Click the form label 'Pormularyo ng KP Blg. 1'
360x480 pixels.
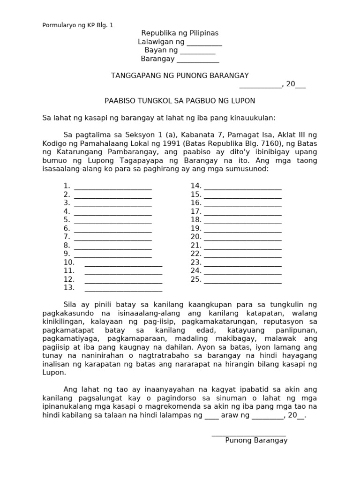(x=78, y=25)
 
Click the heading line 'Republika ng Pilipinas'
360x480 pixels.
(x=180, y=33)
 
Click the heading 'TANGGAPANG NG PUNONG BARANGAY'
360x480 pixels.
(x=180, y=76)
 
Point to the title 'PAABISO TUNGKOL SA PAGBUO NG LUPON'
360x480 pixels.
(x=180, y=101)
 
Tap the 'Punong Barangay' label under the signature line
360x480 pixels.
(x=256, y=441)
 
